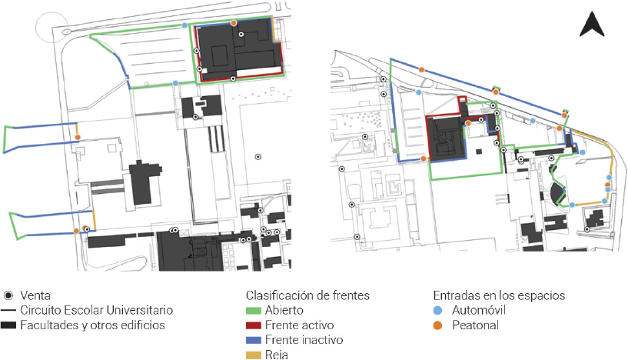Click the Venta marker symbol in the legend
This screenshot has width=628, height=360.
click(8, 295)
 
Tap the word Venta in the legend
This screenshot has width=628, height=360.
click(35, 295)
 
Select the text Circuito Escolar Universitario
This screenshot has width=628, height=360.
click(97, 310)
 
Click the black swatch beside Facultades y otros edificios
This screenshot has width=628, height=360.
click(9, 325)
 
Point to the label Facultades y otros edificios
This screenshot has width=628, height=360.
click(91, 325)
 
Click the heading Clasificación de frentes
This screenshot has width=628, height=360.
click(307, 295)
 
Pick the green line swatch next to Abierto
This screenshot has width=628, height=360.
click(254, 310)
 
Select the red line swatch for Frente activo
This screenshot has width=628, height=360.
click(254, 325)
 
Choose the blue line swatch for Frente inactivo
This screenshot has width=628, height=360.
click(254, 339)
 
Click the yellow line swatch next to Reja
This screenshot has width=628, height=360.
click(254, 354)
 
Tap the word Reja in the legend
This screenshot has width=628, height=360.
click(277, 355)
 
